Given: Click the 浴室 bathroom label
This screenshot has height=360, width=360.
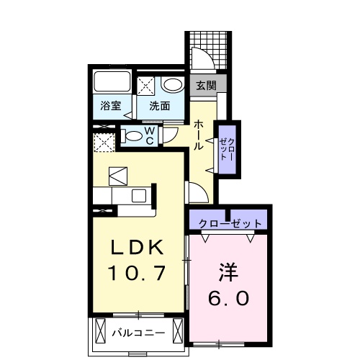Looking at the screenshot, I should click(x=110, y=107).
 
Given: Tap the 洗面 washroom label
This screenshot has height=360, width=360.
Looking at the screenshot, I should click(x=159, y=107).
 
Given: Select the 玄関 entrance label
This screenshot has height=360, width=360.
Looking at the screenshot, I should click(x=205, y=85).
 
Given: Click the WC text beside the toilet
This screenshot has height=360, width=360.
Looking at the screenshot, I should click(x=150, y=135).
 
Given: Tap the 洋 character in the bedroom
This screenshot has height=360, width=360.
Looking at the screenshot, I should click(x=230, y=274).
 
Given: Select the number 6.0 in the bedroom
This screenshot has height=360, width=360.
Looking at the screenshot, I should click(x=230, y=297).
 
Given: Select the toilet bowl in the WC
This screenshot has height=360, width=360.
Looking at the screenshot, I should click(x=132, y=135).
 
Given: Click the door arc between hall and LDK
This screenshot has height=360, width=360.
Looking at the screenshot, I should click(x=194, y=191).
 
